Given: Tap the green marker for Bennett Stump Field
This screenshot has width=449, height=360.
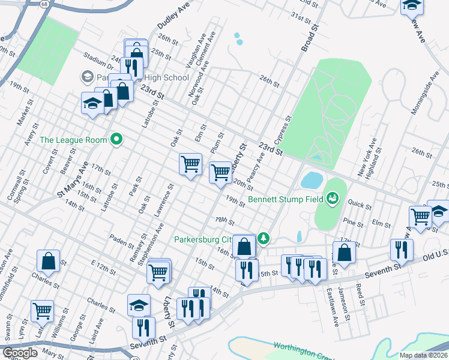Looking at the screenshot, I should click(333, 197).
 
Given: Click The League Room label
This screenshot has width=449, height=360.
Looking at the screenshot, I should click(73, 140).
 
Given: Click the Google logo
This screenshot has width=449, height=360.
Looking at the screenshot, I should click(20, 353).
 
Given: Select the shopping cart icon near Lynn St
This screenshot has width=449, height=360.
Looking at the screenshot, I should click(42, 311).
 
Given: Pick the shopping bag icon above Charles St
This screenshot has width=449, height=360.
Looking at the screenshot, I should click(48, 261).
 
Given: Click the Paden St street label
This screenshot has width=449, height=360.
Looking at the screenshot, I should click(121, 241).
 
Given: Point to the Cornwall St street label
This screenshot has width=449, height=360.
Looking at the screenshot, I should click(13, 178).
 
